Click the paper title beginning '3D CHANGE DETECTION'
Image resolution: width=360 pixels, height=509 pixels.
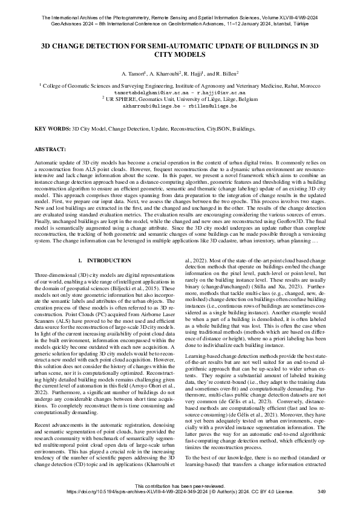coord(180,50)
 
